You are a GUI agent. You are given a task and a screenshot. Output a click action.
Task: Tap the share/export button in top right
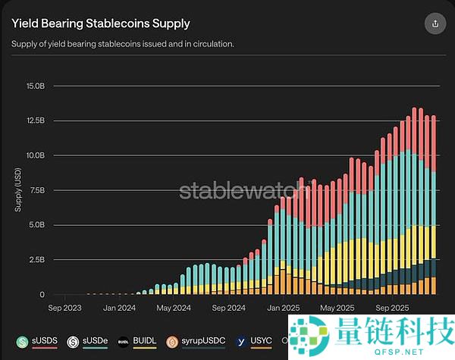click(435, 23)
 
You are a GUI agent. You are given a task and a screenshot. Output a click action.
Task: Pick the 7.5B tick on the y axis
click(36, 190)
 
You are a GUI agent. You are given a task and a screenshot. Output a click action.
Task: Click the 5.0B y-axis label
click(36, 225)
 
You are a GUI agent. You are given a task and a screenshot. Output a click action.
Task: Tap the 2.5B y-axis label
click(36, 260)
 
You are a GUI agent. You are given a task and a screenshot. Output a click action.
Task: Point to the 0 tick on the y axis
click(42, 294)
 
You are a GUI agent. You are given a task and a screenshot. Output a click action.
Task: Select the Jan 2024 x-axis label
click(120, 308)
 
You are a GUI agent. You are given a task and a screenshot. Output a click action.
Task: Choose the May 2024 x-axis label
click(174, 308)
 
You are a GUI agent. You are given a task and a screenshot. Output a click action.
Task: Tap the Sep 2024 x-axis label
click(228, 308)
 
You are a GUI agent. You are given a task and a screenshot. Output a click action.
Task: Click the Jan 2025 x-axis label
click(283, 308)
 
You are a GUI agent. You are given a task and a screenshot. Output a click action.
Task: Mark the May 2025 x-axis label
click(337, 308)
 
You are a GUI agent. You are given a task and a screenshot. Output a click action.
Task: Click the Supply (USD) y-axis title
click(19, 189)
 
